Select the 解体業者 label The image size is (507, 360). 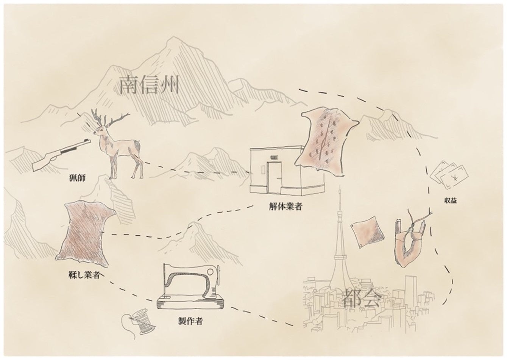click(284, 207)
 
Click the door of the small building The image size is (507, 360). click(275, 177)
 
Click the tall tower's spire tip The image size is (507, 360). click(340, 188)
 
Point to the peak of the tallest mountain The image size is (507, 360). click(175, 38)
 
